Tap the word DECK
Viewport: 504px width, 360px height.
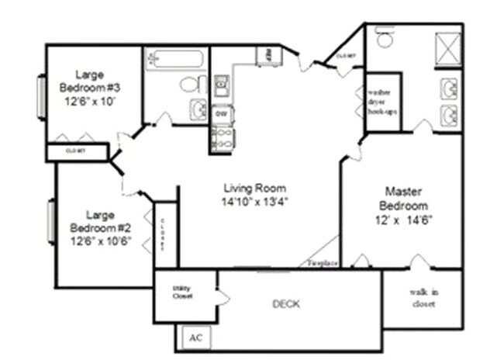pos(286,303)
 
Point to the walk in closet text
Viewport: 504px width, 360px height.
pos(423,298)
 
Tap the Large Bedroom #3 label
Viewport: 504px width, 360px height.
pos(91,81)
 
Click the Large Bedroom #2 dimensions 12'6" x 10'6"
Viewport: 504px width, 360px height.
pos(100,240)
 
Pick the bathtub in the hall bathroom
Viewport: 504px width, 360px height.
pos(175,58)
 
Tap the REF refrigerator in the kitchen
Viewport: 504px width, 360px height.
pos(265,55)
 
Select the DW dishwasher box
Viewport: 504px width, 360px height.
pos(221,114)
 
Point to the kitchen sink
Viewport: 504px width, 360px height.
pos(221,86)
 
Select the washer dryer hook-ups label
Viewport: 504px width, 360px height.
pos(381,100)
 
